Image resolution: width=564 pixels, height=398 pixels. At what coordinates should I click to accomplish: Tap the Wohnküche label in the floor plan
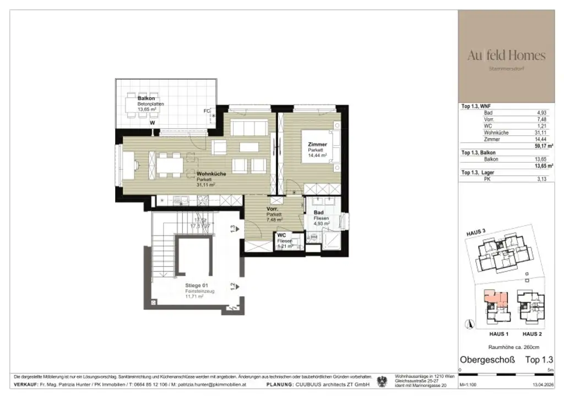click(x=209, y=174)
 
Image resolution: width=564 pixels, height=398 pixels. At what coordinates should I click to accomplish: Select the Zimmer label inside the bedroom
click(x=317, y=145)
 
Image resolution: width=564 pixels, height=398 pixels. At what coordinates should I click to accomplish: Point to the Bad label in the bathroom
click(x=318, y=212)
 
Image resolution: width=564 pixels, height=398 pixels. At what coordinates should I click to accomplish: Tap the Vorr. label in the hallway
click(x=272, y=209)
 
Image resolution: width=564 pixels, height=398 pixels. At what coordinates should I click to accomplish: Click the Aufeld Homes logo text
click(x=506, y=56)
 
